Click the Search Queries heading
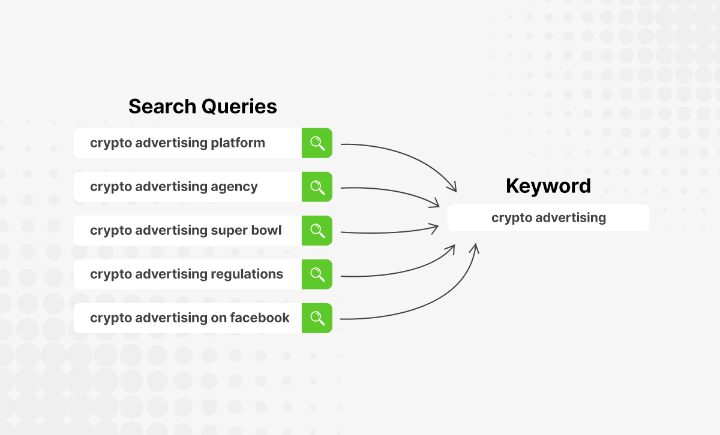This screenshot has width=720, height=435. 202,107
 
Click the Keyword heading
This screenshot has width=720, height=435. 548,186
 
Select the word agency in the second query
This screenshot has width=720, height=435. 233,187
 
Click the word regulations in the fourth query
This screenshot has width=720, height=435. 247,274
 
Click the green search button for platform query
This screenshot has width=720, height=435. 317,143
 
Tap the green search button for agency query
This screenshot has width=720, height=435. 317,187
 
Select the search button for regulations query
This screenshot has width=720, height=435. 317,274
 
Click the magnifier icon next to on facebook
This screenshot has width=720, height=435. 317,318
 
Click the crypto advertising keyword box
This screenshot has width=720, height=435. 548,218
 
